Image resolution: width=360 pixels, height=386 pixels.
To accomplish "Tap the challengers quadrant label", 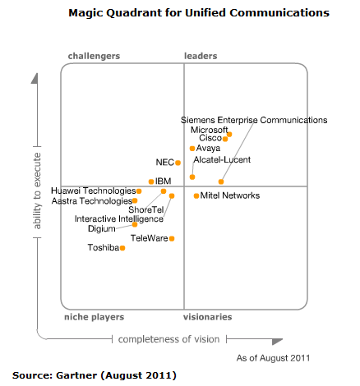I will click(x=93, y=56).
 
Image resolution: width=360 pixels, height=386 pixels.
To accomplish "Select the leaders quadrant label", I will click(x=199, y=56).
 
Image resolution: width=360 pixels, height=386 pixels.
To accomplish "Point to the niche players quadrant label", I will click(x=94, y=316).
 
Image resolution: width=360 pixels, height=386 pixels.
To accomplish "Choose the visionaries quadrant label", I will click(x=206, y=316).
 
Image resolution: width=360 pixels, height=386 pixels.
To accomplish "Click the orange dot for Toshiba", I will click(x=122, y=248).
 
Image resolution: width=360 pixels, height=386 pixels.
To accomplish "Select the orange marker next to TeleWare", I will click(x=172, y=239).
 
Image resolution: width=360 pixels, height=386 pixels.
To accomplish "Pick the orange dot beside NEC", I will click(x=178, y=163).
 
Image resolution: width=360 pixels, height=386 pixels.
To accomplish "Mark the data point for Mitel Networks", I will click(x=196, y=195).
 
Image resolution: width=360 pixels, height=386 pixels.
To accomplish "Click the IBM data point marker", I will click(x=150, y=182).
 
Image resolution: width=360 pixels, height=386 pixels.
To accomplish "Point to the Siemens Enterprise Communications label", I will click(x=254, y=120).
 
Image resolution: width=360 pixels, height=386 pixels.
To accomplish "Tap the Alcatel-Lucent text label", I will click(x=222, y=159).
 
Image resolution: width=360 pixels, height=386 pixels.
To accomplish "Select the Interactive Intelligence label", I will click(x=113, y=219).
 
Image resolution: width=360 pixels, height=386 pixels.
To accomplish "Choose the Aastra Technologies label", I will click(x=90, y=200).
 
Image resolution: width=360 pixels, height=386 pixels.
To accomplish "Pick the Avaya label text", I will click(x=209, y=149).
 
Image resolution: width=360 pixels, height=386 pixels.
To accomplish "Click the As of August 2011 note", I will click(x=273, y=358).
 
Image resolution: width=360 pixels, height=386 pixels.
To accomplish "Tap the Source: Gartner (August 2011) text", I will click(x=94, y=375).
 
